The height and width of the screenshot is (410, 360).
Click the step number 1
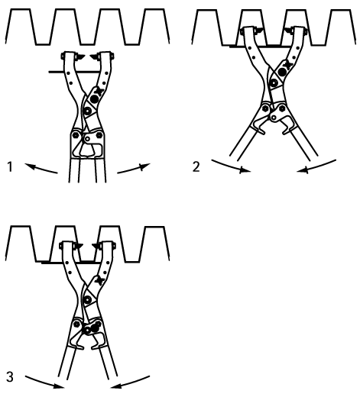pos(10,166)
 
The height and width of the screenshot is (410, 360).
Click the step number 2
pos(196,166)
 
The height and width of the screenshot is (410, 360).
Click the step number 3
pos(10,377)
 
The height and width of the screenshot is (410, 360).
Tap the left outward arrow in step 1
pos(41,168)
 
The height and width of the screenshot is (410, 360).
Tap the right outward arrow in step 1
pos(134,168)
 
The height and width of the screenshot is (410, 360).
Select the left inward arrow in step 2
pos(231,166)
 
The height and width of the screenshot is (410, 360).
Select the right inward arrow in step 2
pos(316,166)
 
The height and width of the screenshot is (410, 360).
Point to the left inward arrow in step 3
pos(44,382)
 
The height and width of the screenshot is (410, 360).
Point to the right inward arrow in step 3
pos(130,382)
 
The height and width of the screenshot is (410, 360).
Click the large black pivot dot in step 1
pos(94,99)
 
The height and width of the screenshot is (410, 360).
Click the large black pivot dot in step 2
pos(282,72)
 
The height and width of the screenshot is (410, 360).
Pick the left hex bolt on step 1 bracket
pos(76,135)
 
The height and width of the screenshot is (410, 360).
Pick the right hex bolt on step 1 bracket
pos(99,135)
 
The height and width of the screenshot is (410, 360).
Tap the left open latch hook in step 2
pos(259,126)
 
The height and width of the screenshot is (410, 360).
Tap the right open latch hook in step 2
pos(288,126)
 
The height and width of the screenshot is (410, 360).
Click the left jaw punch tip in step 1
pos(81,56)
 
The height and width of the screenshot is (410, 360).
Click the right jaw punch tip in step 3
pos(96,246)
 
